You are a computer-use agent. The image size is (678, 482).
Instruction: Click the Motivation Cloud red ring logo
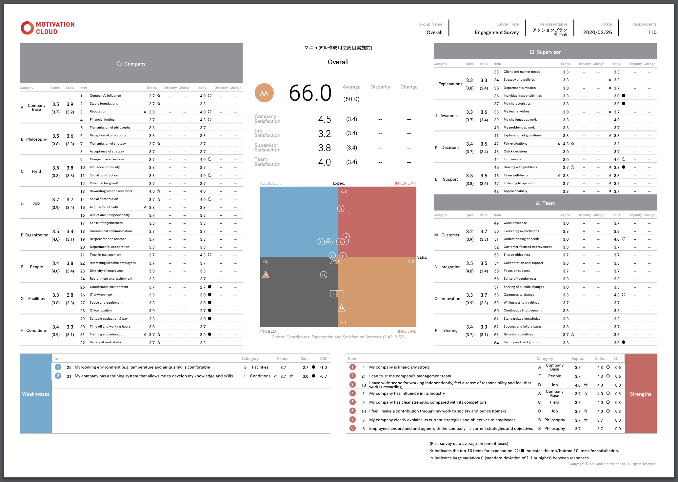[x=27, y=28]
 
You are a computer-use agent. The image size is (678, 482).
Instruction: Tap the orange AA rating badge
[x=264, y=93]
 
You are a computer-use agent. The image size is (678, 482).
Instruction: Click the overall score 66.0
[x=310, y=93]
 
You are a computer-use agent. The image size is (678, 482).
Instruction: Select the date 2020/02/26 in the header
[x=597, y=32]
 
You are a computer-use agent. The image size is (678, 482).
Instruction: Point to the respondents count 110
[x=652, y=32]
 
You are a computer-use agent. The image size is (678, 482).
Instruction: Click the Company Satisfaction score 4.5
[x=324, y=119]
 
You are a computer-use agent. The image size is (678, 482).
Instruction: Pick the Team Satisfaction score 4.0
[x=324, y=162]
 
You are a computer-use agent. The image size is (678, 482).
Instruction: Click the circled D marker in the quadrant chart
[x=341, y=209]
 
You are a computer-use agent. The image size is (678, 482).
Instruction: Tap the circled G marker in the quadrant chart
[x=323, y=275]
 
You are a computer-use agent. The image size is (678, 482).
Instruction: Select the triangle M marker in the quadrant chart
[x=341, y=308]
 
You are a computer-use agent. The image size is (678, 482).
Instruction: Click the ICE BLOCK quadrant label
[x=270, y=183]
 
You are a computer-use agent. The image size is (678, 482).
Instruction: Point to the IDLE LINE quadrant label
[x=407, y=331]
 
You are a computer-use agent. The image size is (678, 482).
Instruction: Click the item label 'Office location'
[x=101, y=311]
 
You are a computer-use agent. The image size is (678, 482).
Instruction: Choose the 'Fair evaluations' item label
[x=515, y=144]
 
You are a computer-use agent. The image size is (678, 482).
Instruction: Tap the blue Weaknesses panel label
[x=36, y=394]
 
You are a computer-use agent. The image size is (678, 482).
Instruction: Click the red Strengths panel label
[x=640, y=394]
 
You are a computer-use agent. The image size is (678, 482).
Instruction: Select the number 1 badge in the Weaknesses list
[x=58, y=367]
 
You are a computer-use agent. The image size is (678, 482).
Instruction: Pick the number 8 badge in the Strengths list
[x=352, y=428]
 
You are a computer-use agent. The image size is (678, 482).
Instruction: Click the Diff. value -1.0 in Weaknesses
[x=323, y=368]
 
